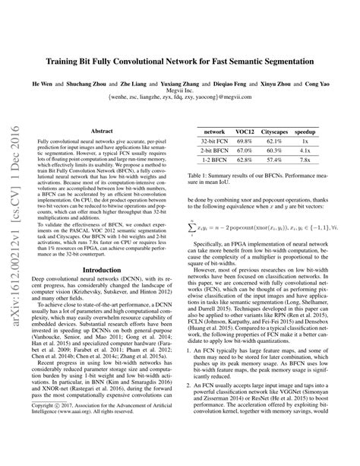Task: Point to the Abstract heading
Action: (x=102, y=131)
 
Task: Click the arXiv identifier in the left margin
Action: (x=14, y=221)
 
